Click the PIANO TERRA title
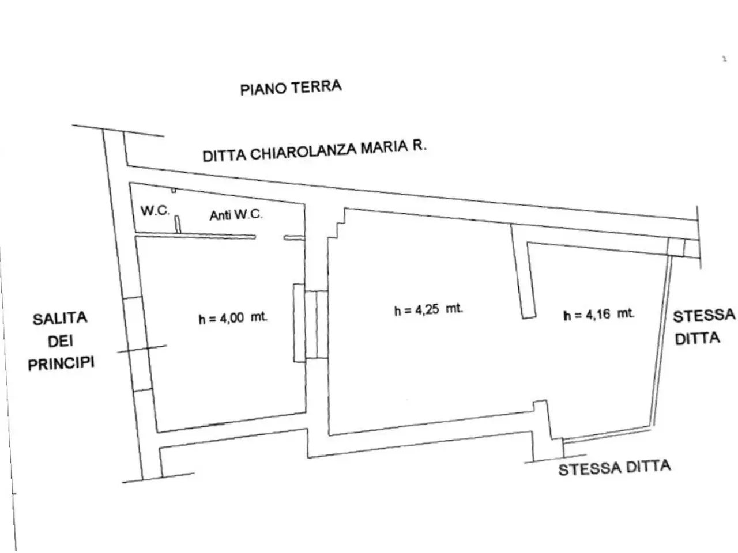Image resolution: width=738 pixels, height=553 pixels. [291, 88]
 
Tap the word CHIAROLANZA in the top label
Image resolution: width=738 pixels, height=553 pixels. [303, 151]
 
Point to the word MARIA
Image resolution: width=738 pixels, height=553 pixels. [384, 147]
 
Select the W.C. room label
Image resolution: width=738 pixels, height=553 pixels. [155, 210]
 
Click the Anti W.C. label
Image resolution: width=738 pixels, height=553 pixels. [236, 214]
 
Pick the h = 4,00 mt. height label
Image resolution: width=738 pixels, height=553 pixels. [233, 317]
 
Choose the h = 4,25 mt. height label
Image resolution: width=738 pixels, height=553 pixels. [428, 309]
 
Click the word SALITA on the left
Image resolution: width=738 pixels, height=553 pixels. [60, 319]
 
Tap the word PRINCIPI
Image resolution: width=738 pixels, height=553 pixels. [61, 363]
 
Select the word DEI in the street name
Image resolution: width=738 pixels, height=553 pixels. [61, 341]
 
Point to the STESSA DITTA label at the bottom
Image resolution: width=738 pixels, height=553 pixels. [615, 468]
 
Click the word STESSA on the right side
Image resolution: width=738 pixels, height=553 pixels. [704, 316]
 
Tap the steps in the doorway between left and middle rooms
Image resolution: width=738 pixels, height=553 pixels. [311, 324]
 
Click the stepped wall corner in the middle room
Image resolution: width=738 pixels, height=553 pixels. [337, 224]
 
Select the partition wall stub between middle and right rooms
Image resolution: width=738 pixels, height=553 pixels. [523, 271]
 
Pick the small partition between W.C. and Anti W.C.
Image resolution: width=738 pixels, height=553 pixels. [178, 224]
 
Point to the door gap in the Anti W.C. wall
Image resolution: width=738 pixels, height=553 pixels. [270, 237]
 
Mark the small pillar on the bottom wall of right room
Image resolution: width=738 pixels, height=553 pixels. [541, 407]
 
